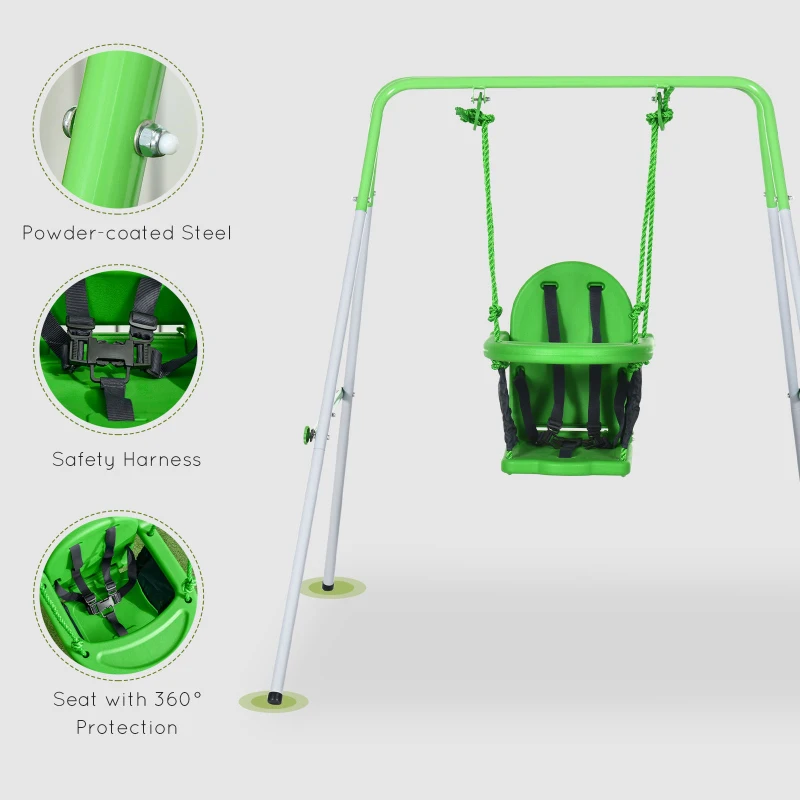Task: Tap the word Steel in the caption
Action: pyautogui.click(x=206, y=233)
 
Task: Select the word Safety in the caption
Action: pyautogui.click(x=85, y=460)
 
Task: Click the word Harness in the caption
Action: pyautogui.click(x=163, y=460)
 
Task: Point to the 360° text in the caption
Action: pyautogui.click(x=176, y=699)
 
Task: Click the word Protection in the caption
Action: pyautogui.click(x=127, y=727)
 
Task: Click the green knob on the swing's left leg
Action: pyautogui.click(x=309, y=434)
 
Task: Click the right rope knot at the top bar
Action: pyautogui.click(x=660, y=112)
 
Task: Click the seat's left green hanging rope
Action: pyautogui.click(x=489, y=220)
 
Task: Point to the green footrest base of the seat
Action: pyautogui.click(x=567, y=461)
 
